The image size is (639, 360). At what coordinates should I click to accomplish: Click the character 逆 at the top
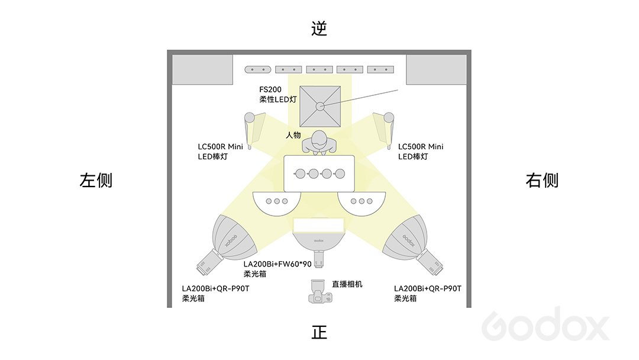[319, 28]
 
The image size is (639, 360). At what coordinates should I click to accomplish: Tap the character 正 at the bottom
[319, 332]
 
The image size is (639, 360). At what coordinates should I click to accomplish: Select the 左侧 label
[96, 180]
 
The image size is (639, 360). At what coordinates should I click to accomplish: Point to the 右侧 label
[542, 180]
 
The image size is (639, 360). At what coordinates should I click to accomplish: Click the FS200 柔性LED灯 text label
[278, 94]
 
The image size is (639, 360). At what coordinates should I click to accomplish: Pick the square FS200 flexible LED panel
[320, 107]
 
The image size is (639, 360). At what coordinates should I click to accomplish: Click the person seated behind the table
[319, 143]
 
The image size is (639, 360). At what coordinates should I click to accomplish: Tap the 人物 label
[293, 135]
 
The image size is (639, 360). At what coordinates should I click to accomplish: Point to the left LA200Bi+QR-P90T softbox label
[215, 293]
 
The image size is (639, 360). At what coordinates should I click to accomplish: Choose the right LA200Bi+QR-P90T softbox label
[428, 293]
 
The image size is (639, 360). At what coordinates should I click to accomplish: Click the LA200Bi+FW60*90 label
[277, 269]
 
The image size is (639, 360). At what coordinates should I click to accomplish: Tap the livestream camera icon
[320, 291]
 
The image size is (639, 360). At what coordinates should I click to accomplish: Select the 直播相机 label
[347, 284]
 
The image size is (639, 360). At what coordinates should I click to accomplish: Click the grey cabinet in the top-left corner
[202, 70]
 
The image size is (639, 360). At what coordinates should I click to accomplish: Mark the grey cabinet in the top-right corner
[437, 70]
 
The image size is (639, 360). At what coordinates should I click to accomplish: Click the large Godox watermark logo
[546, 325]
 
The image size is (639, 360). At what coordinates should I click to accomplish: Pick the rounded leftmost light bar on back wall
[257, 70]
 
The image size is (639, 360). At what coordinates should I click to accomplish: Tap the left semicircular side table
[277, 203]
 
